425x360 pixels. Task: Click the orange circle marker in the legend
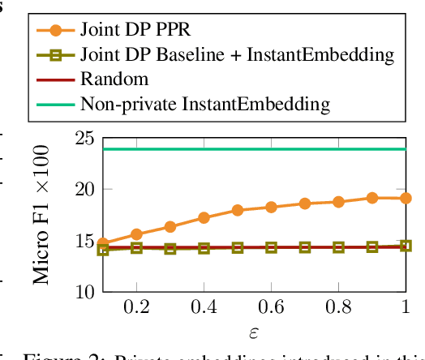pyautogui.click(x=54, y=31)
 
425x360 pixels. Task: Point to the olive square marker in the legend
pyautogui.click(x=54, y=55)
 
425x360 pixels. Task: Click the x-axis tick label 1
pyautogui.click(x=406, y=310)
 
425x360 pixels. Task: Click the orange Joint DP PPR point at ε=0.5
pyautogui.click(x=238, y=210)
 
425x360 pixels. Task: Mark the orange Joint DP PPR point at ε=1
pyautogui.click(x=406, y=198)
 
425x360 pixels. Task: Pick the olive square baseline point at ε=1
pyautogui.click(x=406, y=246)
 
